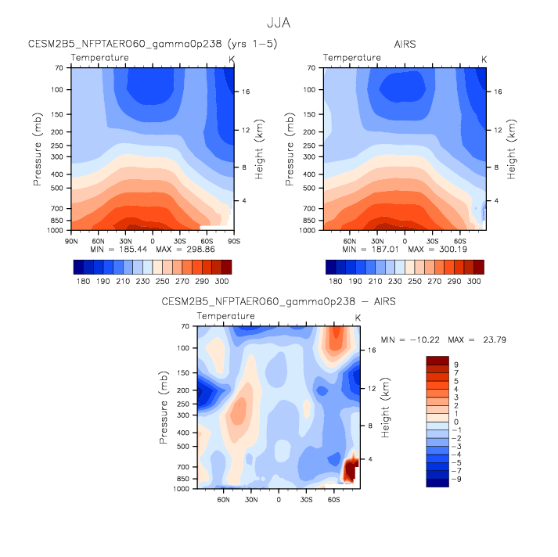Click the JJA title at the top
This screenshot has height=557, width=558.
coord(278,23)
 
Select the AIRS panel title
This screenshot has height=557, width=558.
coord(405,45)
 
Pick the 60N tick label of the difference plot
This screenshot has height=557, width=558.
coord(224,498)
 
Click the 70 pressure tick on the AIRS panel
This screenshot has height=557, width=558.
coord(311,68)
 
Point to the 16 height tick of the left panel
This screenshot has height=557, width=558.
coord(245,92)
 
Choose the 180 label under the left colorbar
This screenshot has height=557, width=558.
coord(80,280)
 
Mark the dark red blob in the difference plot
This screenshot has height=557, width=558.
coord(351,469)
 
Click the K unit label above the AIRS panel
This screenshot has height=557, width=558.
coord(484,59)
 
